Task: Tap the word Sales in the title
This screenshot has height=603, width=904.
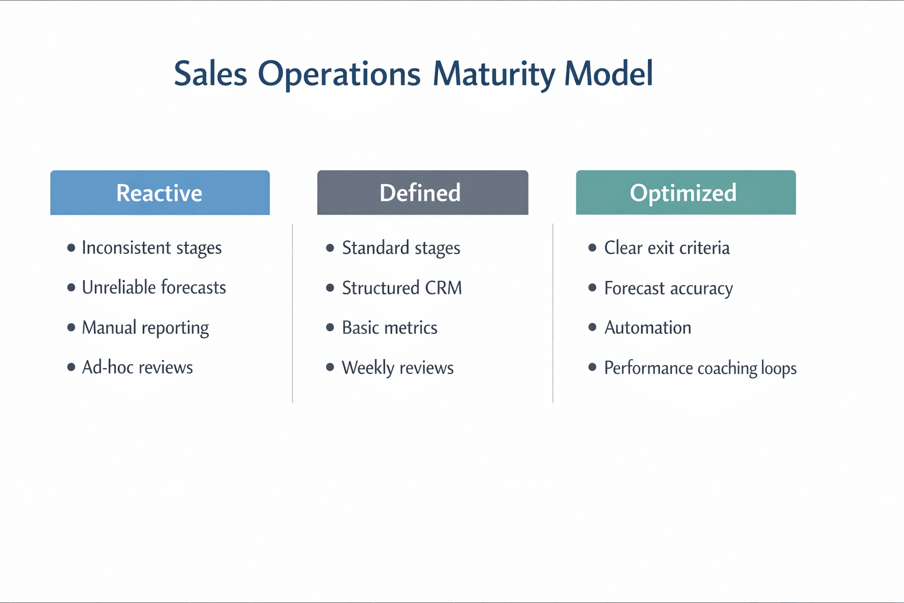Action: click(x=210, y=74)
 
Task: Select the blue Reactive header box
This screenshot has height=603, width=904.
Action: click(x=159, y=193)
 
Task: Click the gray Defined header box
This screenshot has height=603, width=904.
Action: click(x=422, y=193)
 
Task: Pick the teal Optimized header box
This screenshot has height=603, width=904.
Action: click(x=685, y=193)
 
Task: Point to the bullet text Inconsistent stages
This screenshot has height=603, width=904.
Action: click(x=151, y=248)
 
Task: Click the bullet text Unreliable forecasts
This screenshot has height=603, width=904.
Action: click(x=154, y=287)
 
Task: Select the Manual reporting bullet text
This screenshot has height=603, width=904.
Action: click(x=145, y=328)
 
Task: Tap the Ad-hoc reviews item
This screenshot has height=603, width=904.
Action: click(x=137, y=367)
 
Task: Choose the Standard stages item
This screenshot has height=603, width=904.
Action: click(x=401, y=248)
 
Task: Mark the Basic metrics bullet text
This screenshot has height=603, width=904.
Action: click(x=389, y=328)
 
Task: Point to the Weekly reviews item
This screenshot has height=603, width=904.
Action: click(x=397, y=368)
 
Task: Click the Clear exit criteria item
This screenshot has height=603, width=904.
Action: click(x=666, y=248)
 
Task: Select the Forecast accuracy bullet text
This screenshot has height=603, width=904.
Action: click(x=668, y=289)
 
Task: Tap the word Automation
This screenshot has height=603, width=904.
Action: click(x=647, y=328)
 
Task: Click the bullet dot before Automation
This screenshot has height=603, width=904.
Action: click(x=592, y=327)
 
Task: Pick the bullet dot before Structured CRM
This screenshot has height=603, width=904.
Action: click(x=330, y=288)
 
